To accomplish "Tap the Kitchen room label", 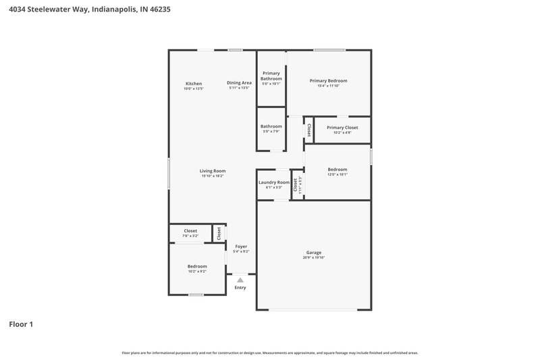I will [194, 83].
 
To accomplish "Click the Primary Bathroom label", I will [271, 76].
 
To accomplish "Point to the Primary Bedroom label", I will [329, 80].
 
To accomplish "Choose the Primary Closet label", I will [342, 127].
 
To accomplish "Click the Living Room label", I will [213, 171].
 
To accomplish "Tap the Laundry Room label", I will [274, 182].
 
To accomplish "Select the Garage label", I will [314, 253].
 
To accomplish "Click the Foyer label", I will [241, 247].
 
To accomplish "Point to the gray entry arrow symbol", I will [240, 280].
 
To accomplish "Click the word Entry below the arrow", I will [240, 288].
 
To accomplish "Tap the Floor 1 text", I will [21, 324].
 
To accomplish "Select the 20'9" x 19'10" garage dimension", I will [314, 257].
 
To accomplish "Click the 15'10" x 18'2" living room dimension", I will [213, 176].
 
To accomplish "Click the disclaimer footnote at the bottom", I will [270, 353].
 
